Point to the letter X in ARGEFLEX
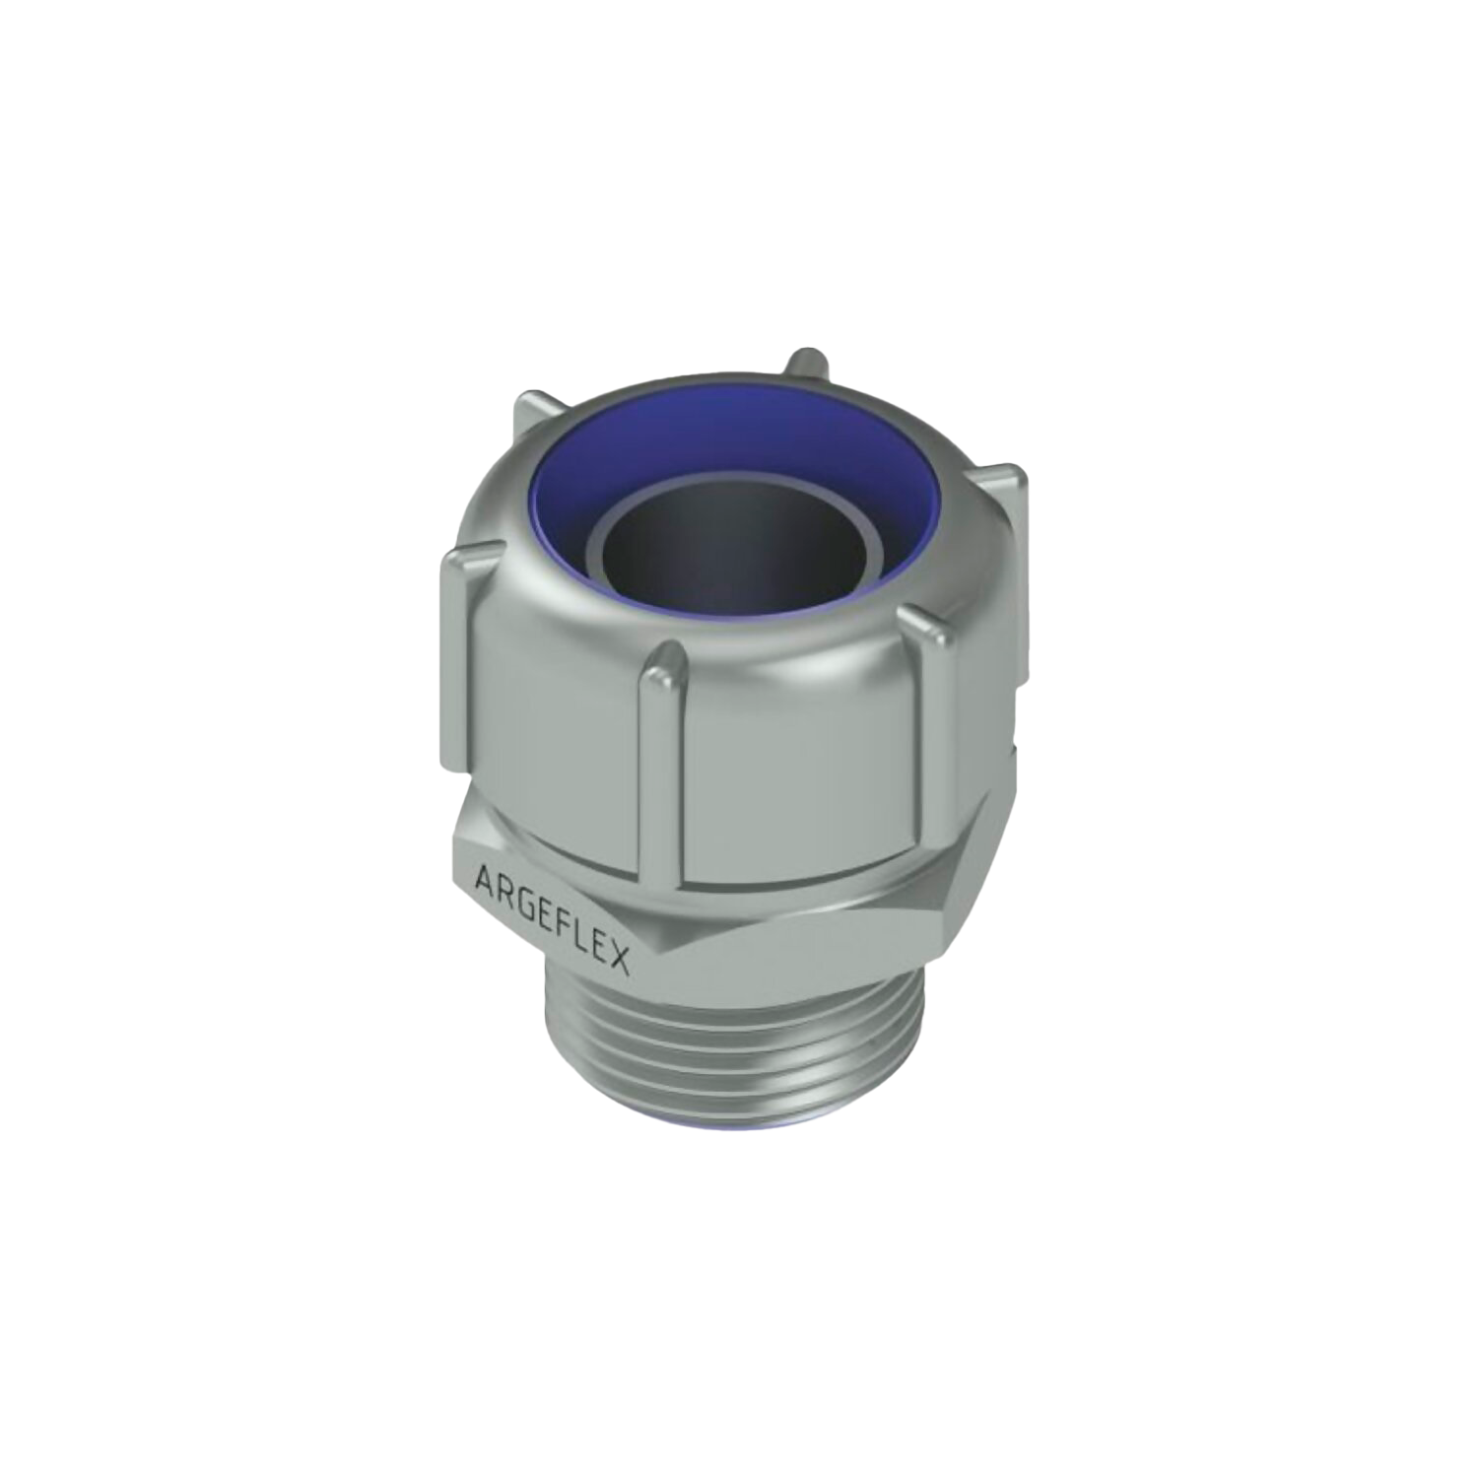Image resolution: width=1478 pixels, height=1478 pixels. coord(618,958)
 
